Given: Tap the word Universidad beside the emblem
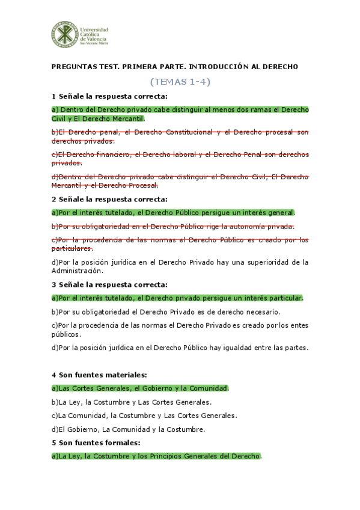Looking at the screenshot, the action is click(94, 28).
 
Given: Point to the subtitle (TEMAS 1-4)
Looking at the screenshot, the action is click(180, 81).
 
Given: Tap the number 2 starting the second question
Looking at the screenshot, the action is click(53, 198).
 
